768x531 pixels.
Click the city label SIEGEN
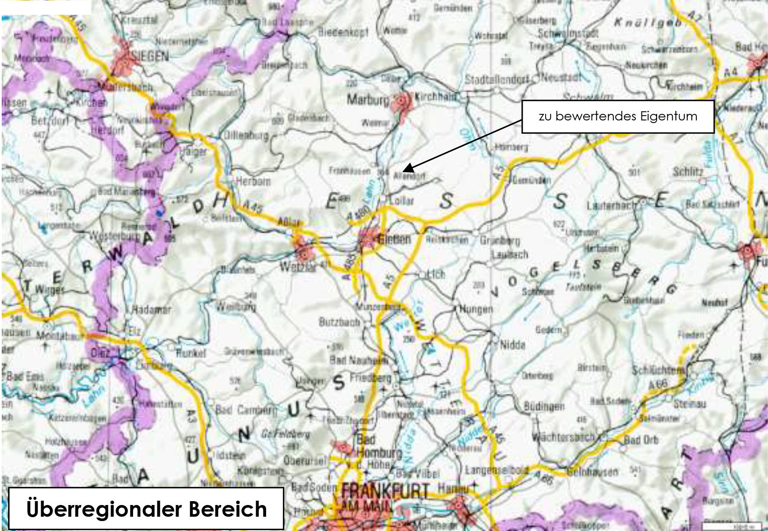150,56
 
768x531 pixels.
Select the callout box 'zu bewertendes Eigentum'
618,117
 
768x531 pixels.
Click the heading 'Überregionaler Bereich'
146,509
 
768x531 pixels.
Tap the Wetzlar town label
297,266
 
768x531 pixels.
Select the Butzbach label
339,322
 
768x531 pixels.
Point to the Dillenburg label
246,135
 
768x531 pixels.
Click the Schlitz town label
688,172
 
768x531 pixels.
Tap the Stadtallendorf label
497,79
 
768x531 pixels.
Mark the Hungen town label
476,309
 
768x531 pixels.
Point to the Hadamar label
151,310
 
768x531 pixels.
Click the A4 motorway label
731,71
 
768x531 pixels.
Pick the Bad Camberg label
245,410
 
